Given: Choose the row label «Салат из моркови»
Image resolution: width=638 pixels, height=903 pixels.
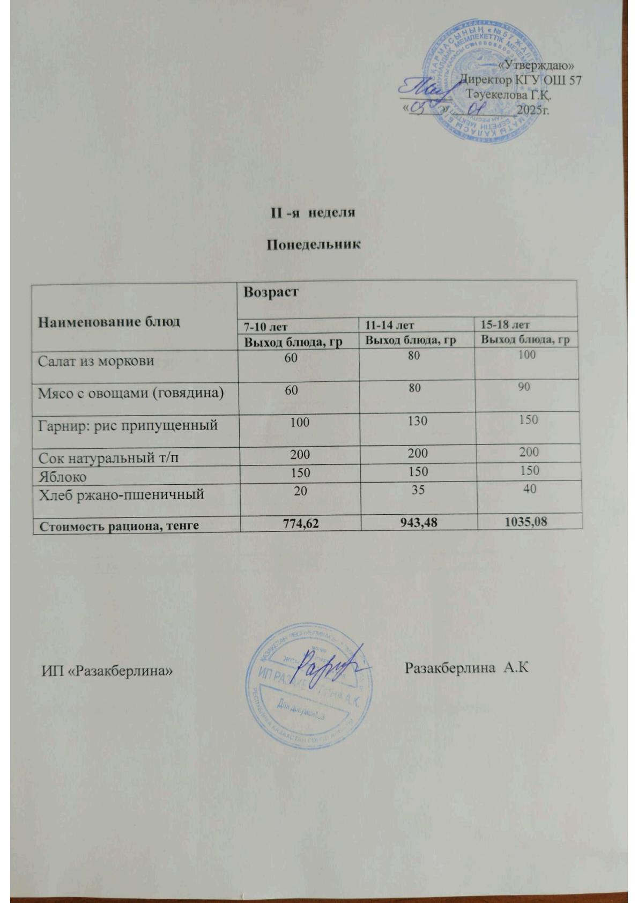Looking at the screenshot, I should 95,361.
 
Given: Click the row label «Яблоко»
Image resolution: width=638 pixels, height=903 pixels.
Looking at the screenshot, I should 62,476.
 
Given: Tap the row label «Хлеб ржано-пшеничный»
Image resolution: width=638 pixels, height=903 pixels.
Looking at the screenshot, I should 121,494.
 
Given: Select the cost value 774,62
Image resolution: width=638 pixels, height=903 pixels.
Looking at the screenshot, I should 301,522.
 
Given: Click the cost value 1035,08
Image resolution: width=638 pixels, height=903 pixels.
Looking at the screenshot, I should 526,520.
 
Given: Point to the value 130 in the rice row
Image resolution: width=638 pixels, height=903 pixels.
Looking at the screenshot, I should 417,421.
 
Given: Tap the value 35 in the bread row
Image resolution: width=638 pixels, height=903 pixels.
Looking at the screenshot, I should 418,488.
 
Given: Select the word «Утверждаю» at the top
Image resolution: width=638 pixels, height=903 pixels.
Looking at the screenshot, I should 536,65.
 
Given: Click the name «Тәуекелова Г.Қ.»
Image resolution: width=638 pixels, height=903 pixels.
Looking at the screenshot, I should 509,95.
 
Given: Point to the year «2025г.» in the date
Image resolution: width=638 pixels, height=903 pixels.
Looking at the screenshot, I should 534,110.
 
